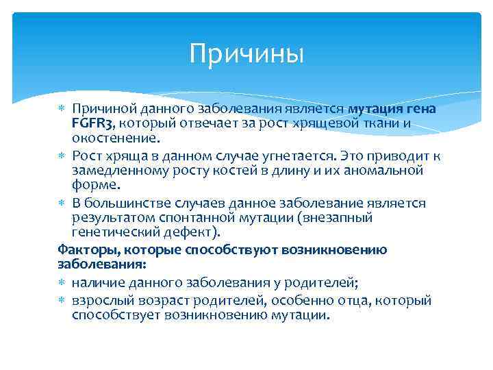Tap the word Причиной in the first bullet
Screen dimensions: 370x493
pyautogui.click(x=105, y=108)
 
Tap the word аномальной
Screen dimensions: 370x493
pyautogui.click(x=388, y=170)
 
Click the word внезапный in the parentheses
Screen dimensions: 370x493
pyautogui.click(x=339, y=217)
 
